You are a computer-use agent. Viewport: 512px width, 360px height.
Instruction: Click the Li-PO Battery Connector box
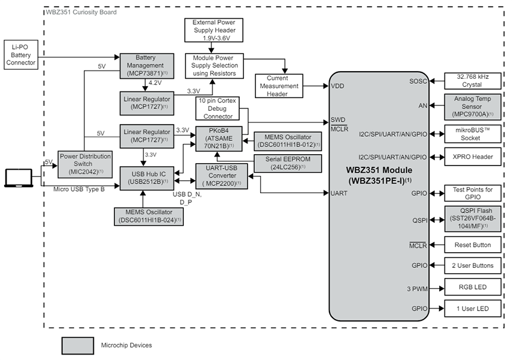(x=21, y=54)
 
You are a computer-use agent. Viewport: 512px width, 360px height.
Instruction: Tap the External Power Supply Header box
(x=214, y=30)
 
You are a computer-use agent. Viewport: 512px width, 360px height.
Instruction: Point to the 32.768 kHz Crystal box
(x=472, y=80)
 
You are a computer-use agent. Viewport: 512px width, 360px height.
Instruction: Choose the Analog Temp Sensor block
(x=472, y=105)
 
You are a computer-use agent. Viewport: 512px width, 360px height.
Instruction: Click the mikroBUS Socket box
(x=472, y=133)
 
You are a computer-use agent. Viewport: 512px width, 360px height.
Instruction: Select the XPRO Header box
(x=472, y=157)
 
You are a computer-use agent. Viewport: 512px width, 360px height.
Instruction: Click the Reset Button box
(x=472, y=245)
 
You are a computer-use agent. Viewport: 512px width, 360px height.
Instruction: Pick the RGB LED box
(x=472, y=287)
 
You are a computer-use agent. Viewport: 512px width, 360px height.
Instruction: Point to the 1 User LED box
(x=472, y=309)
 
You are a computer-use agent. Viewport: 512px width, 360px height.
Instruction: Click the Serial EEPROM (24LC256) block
(x=287, y=163)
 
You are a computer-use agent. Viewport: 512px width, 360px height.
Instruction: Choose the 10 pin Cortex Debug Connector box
(x=217, y=108)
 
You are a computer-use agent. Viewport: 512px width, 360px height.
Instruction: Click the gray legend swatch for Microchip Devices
(x=78, y=345)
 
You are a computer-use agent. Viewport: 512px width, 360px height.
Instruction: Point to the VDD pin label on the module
(x=337, y=87)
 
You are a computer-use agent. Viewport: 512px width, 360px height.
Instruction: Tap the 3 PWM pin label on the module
(x=416, y=288)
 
